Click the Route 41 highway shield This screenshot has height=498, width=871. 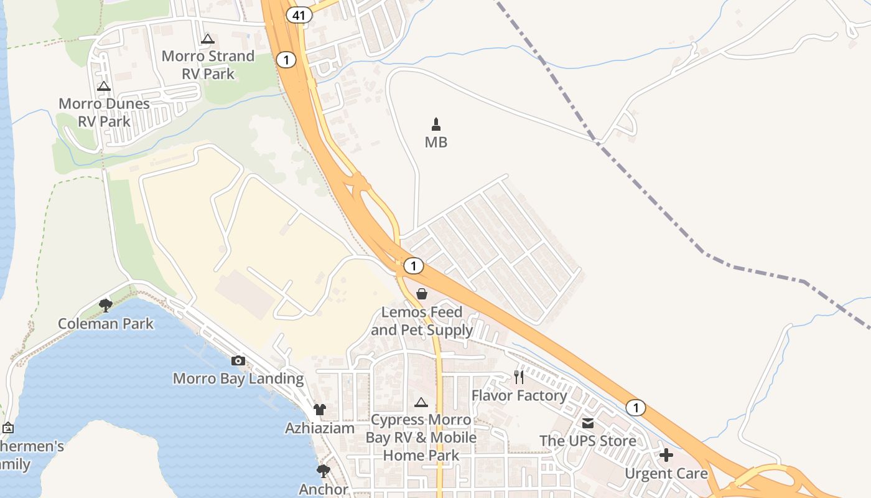[x=299, y=15]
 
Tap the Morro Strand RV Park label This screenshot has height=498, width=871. [x=208, y=65]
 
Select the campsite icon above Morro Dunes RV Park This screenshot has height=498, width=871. [x=104, y=86]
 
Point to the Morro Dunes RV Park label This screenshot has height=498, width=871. [x=104, y=113]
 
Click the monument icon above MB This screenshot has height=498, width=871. [x=436, y=124]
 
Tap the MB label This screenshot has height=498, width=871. [x=436, y=143]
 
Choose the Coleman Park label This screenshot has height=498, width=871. [x=106, y=324]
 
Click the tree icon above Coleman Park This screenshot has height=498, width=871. [x=106, y=305]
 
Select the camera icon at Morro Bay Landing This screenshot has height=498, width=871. [x=238, y=360]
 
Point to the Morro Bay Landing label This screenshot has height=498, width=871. [x=238, y=378]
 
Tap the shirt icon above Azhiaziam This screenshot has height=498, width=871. [x=320, y=409]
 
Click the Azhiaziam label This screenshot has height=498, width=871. [x=320, y=428]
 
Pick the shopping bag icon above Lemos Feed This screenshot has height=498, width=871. [x=422, y=294]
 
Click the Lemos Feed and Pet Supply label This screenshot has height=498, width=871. [x=422, y=321]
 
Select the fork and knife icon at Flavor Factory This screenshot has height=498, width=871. [x=519, y=377]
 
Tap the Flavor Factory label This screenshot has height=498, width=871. [x=519, y=395]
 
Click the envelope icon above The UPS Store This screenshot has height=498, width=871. [x=588, y=423]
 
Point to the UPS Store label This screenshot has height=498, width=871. [x=588, y=441]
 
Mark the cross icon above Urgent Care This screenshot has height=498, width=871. [x=666, y=455]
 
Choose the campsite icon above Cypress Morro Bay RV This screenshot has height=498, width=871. [x=421, y=402]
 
